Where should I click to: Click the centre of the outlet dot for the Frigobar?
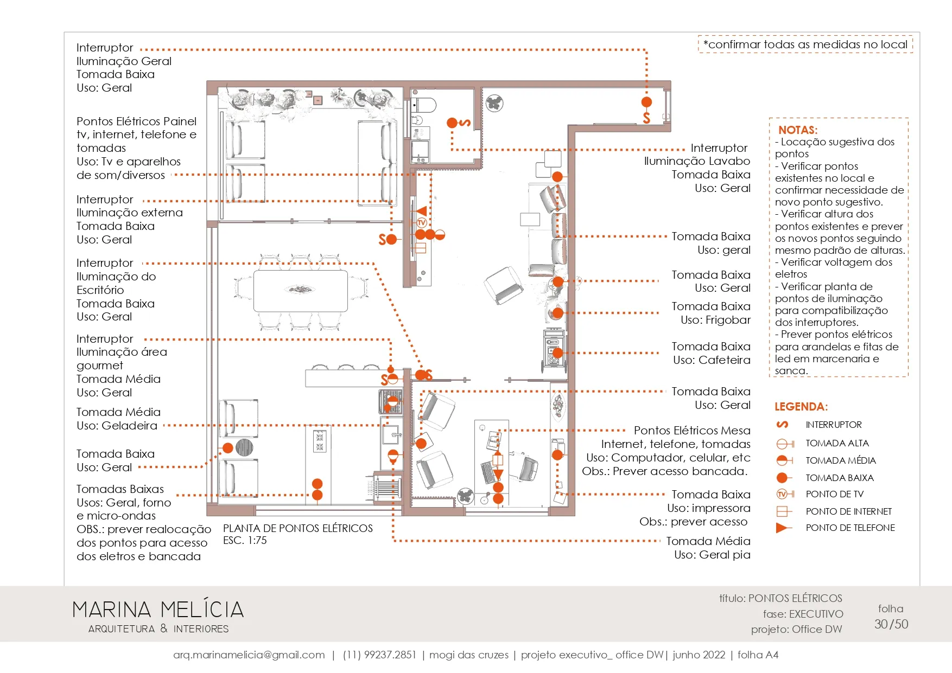(557, 313)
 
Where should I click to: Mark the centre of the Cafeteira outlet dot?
(557, 353)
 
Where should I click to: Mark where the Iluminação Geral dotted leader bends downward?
(646, 50)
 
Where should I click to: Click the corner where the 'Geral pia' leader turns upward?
(393, 541)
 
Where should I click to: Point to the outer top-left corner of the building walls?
(207, 81)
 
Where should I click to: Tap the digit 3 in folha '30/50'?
(878, 624)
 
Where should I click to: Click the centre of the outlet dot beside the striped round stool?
(228, 448)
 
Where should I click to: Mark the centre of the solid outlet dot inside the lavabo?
(452, 123)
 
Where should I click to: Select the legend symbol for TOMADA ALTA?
(785, 444)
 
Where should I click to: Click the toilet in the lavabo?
(424, 104)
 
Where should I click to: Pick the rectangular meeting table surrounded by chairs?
(301, 291)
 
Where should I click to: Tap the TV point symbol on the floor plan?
(422, 222)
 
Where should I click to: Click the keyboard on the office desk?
(488, 472)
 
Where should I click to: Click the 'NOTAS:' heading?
(798, 130)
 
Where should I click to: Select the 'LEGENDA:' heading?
(801, 407)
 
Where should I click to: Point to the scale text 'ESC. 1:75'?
(245, 541)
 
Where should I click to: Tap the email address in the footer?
(249, 655)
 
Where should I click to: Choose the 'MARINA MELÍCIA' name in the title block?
(158, 610)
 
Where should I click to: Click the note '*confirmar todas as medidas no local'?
(805, 44)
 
